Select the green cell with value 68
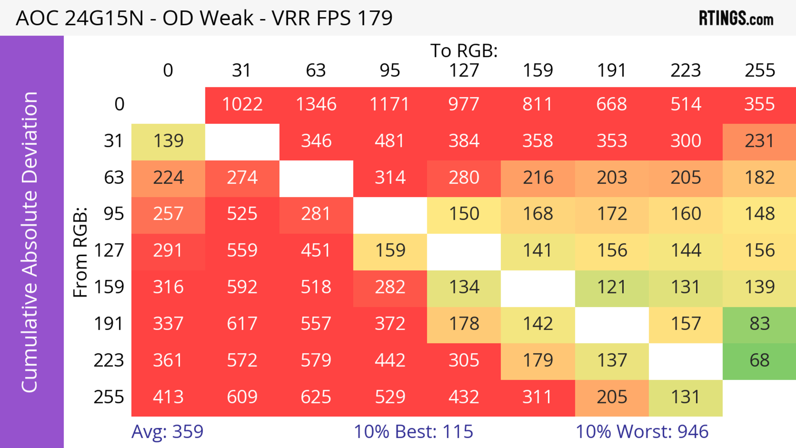point(760,360)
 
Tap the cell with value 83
point(760,324)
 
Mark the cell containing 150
point(464,214)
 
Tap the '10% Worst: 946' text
point(642,432)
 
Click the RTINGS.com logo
point(736,18)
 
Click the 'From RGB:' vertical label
point(80,252)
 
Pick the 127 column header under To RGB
point(464,70)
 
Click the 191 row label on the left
point(109,324)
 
